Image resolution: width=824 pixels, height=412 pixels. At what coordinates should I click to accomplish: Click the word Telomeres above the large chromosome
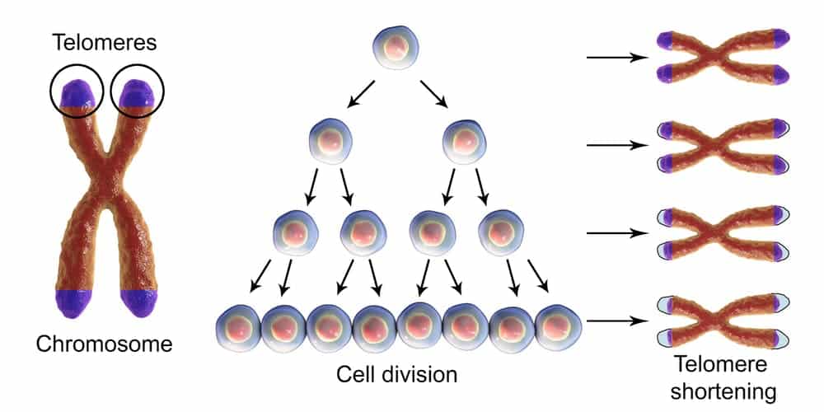pyautogui.click(x=105, y=43)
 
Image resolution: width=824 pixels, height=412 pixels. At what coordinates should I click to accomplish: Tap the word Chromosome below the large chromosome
pyautogui.click(x=104, y=344)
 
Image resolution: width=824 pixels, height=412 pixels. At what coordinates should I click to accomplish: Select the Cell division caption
pyautogui.click(x=396, y=375)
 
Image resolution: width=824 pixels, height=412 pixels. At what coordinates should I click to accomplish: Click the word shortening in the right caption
pyautogui.click(x=724, y=391)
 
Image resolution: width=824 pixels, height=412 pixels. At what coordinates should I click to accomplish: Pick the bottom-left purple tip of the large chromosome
pyautogui.click(x=73, y=303)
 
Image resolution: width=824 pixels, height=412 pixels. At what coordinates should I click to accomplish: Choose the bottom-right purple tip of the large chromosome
pyautogui.click(x=139, y=303)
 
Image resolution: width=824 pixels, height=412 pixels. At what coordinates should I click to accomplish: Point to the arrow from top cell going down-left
pyautogui.click(x=361, y=95)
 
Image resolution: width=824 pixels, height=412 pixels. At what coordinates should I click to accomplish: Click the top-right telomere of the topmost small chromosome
pyautogui.click(x=780, y=38)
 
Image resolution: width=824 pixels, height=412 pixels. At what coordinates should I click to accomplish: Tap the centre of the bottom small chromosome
pyautogui.click(x=723, y=321)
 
